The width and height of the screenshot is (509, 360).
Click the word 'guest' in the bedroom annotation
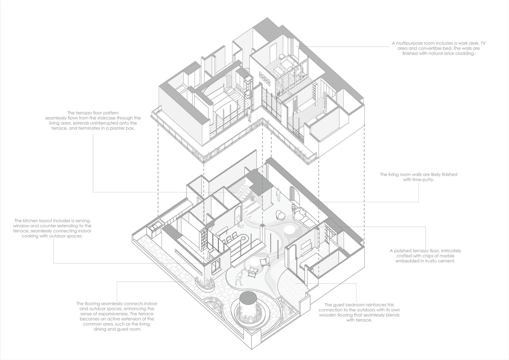coord(339,305)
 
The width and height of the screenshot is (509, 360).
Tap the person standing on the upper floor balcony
coord(249,114)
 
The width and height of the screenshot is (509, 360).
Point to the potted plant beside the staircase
coord(253,200)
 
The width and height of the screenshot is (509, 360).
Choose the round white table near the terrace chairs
coord(254,265)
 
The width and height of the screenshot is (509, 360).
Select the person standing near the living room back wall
coord(278,195)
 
